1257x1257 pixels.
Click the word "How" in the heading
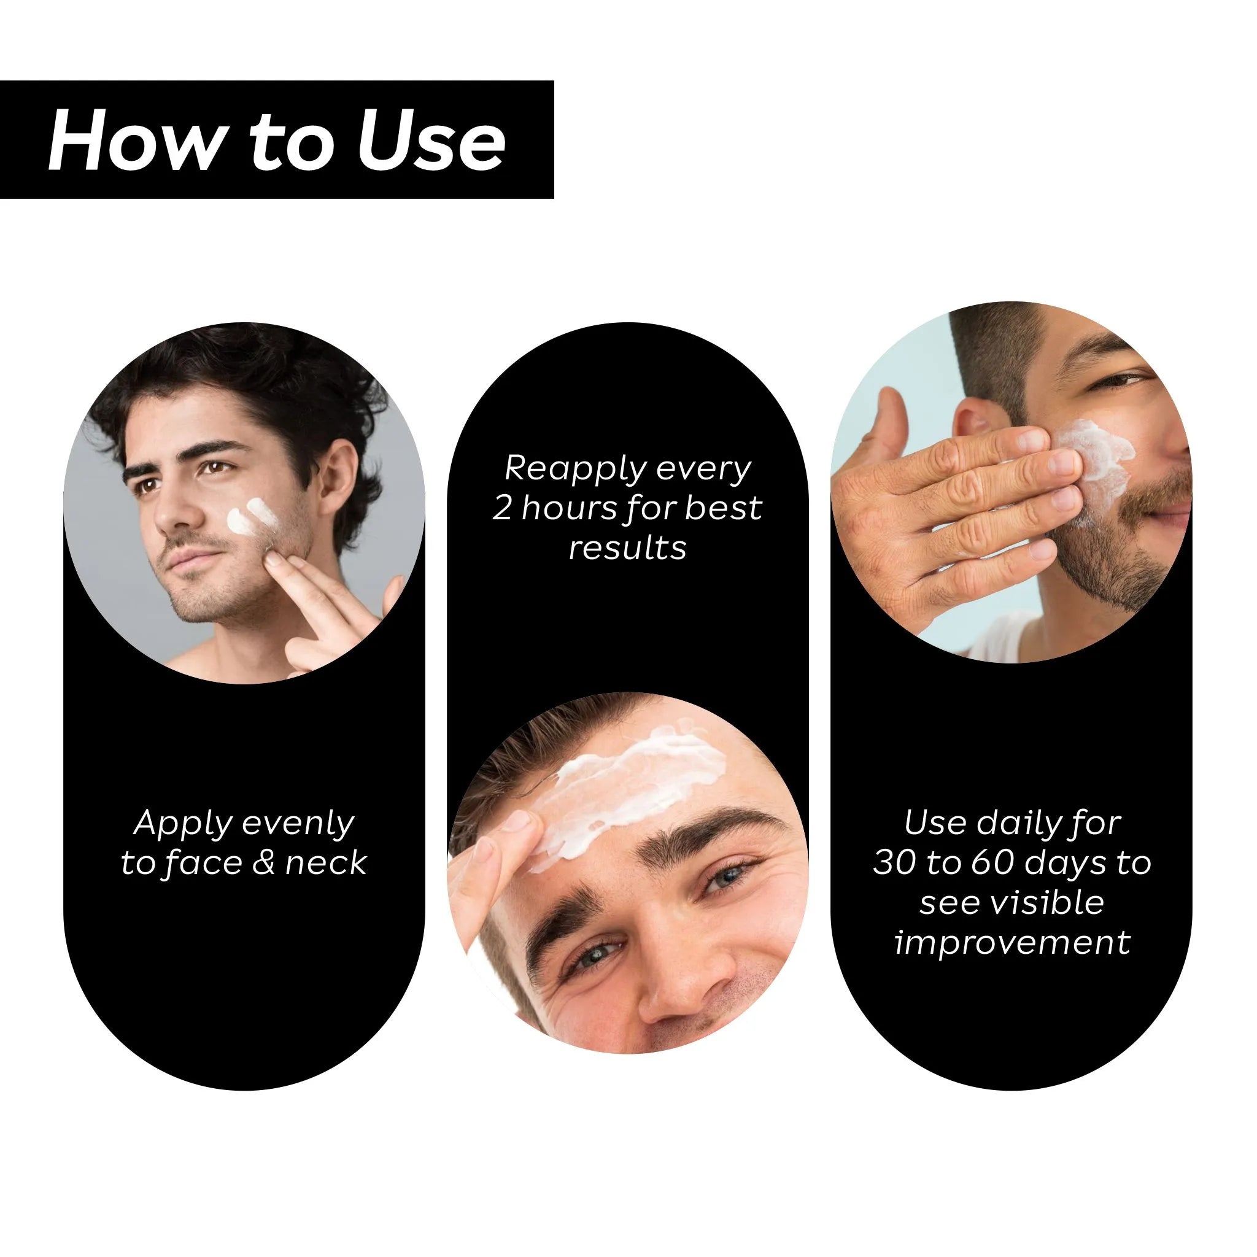[134, 141]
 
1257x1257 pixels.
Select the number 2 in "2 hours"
[502, 508]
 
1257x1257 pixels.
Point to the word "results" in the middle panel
[627, 548]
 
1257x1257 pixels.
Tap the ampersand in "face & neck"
[263, 864]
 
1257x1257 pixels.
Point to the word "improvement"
[1012, 942]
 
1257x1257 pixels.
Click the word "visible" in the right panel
[1054, 902]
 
